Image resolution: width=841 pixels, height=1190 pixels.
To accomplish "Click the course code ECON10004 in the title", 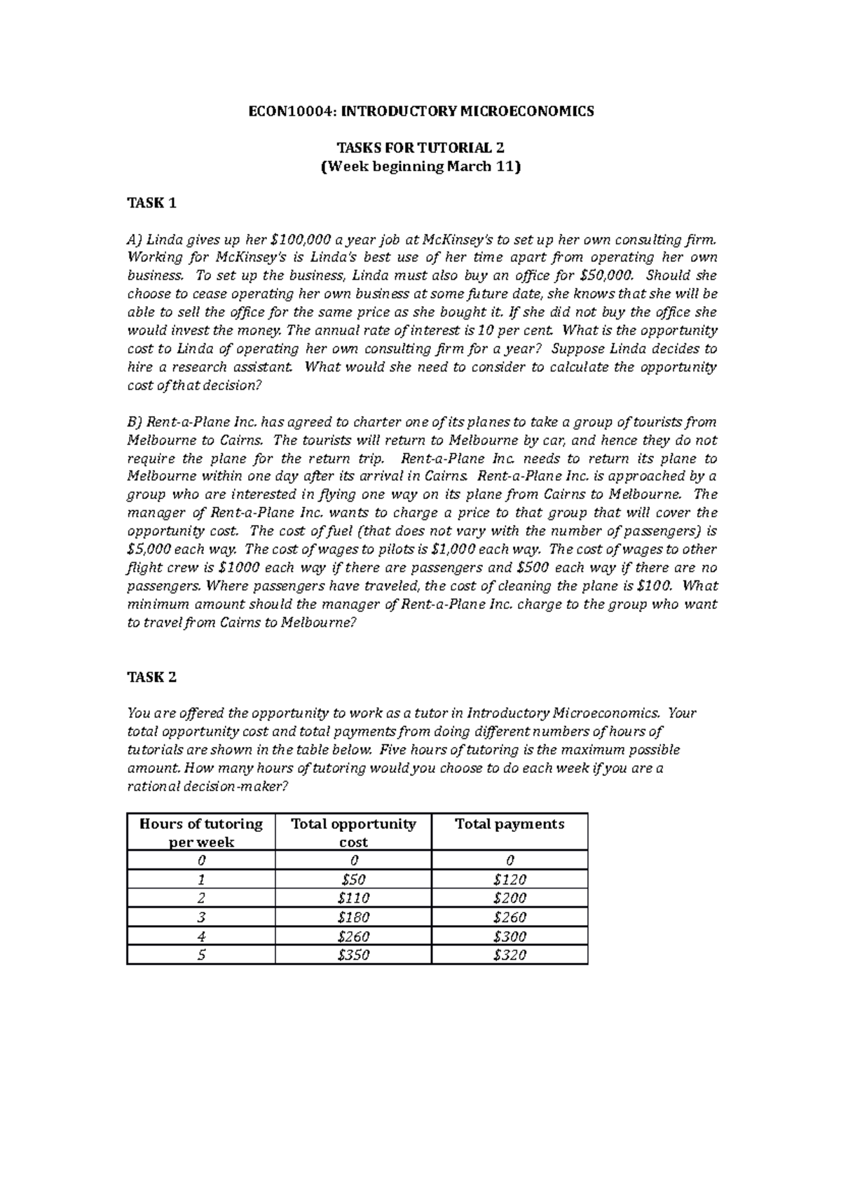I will coord(282,111).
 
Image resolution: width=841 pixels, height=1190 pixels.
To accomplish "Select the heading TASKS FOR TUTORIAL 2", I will coord(420,148).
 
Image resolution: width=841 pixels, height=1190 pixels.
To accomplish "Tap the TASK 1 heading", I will coord(151,203).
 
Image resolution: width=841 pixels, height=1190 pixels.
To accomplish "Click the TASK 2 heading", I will coord(151,677).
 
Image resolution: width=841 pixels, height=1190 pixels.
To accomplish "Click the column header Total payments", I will coord(510,824).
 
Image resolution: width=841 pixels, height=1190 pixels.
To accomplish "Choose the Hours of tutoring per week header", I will coord(201,833).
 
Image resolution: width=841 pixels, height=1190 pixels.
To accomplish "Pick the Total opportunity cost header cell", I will coord(353,833).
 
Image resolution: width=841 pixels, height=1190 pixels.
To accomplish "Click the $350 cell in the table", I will coord(353,955).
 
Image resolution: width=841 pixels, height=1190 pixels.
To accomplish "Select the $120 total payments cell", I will coord(510,880).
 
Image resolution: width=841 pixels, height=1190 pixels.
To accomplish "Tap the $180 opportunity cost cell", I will coord(353,917).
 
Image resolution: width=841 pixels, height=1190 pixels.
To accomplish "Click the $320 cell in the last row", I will coord(510,955).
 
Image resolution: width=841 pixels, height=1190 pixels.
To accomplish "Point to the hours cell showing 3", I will coord(201,917).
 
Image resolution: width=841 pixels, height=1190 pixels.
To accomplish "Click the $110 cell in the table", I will coord(353,898).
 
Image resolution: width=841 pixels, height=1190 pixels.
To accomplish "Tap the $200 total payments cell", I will coord(510,898).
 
